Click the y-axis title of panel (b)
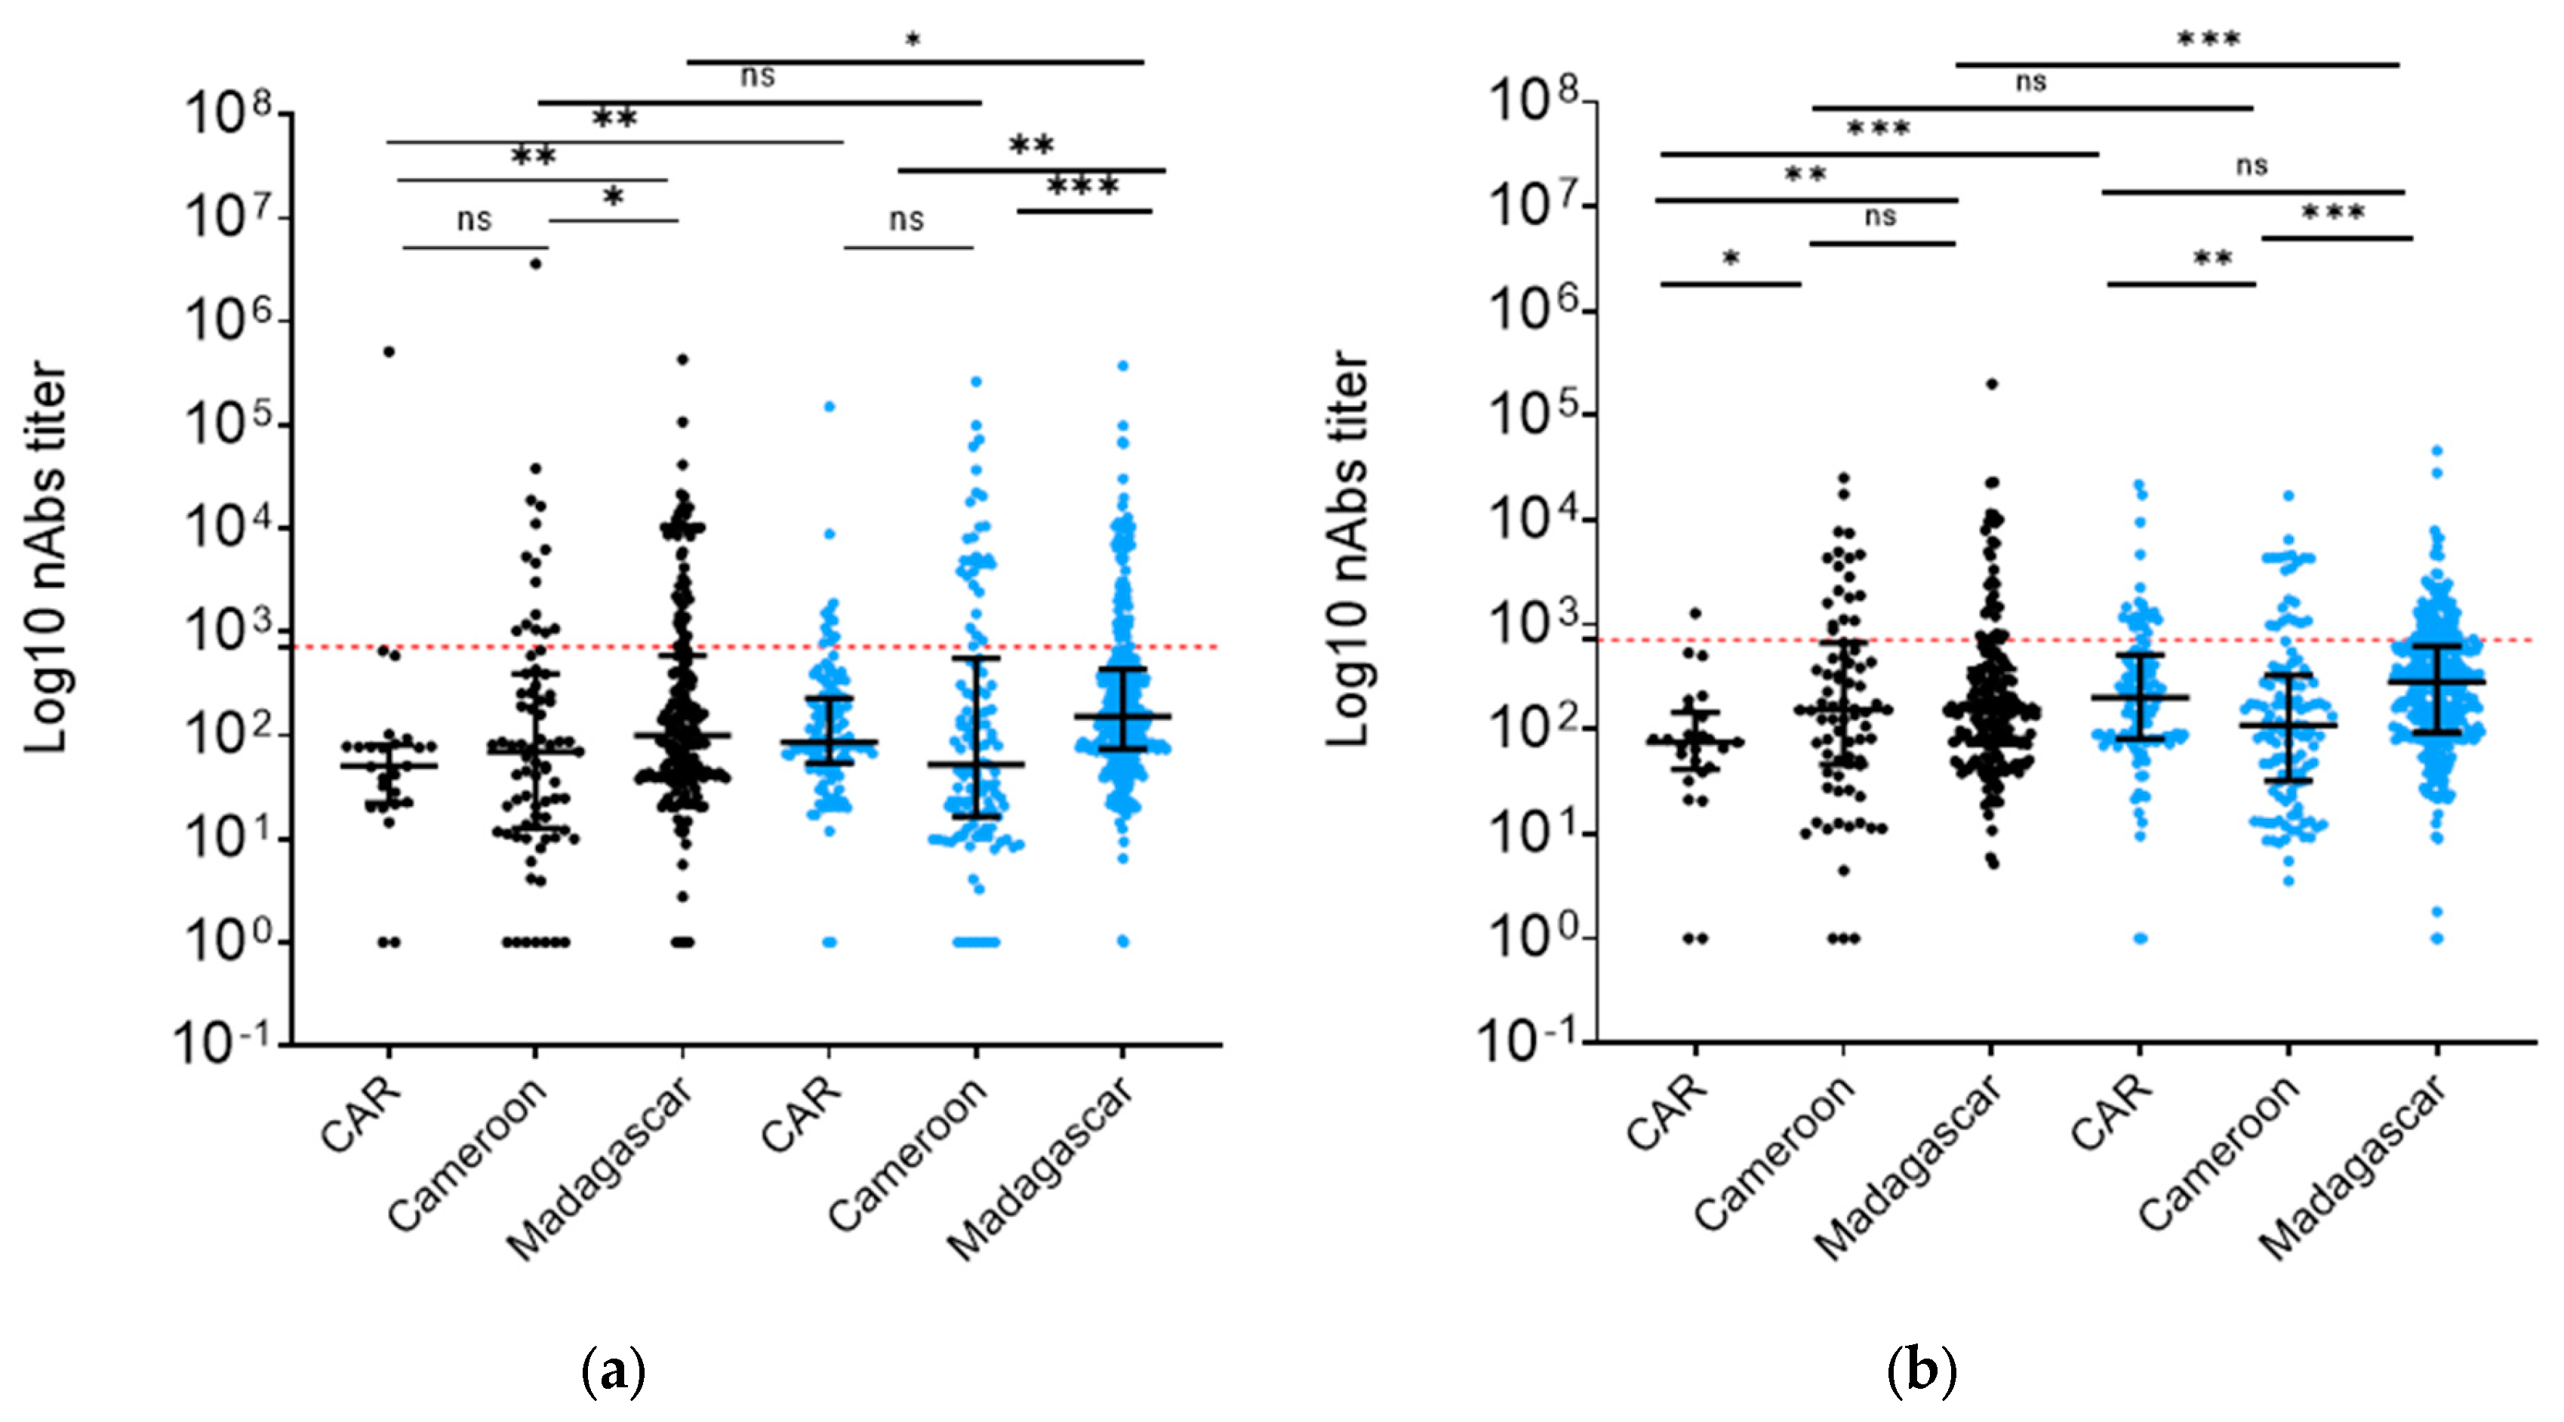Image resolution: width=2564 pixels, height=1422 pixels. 1349,549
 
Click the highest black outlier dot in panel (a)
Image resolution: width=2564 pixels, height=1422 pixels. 535,263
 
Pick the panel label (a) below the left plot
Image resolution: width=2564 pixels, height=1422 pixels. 612,1371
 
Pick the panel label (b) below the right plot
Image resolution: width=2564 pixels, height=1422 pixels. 1921,1371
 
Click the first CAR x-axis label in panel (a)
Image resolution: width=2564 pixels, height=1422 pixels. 362,1115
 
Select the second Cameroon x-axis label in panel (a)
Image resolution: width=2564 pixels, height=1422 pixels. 908,1154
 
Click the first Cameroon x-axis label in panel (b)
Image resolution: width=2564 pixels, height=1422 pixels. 1774,1154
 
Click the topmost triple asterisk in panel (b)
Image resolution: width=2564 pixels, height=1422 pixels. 2208,41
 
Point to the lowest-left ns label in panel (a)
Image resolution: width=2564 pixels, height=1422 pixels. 474,219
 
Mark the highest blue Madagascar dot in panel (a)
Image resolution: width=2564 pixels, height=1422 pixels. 1123,366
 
